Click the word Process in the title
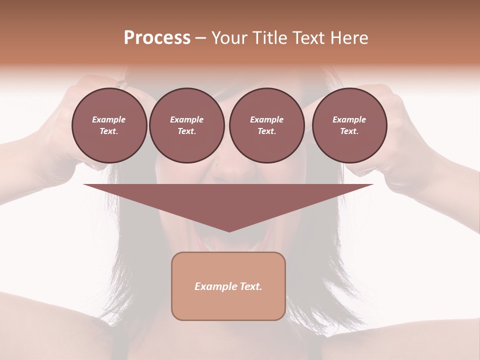tap(157, 38)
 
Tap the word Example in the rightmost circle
tap(349, 119)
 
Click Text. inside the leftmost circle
tap(109, 131)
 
